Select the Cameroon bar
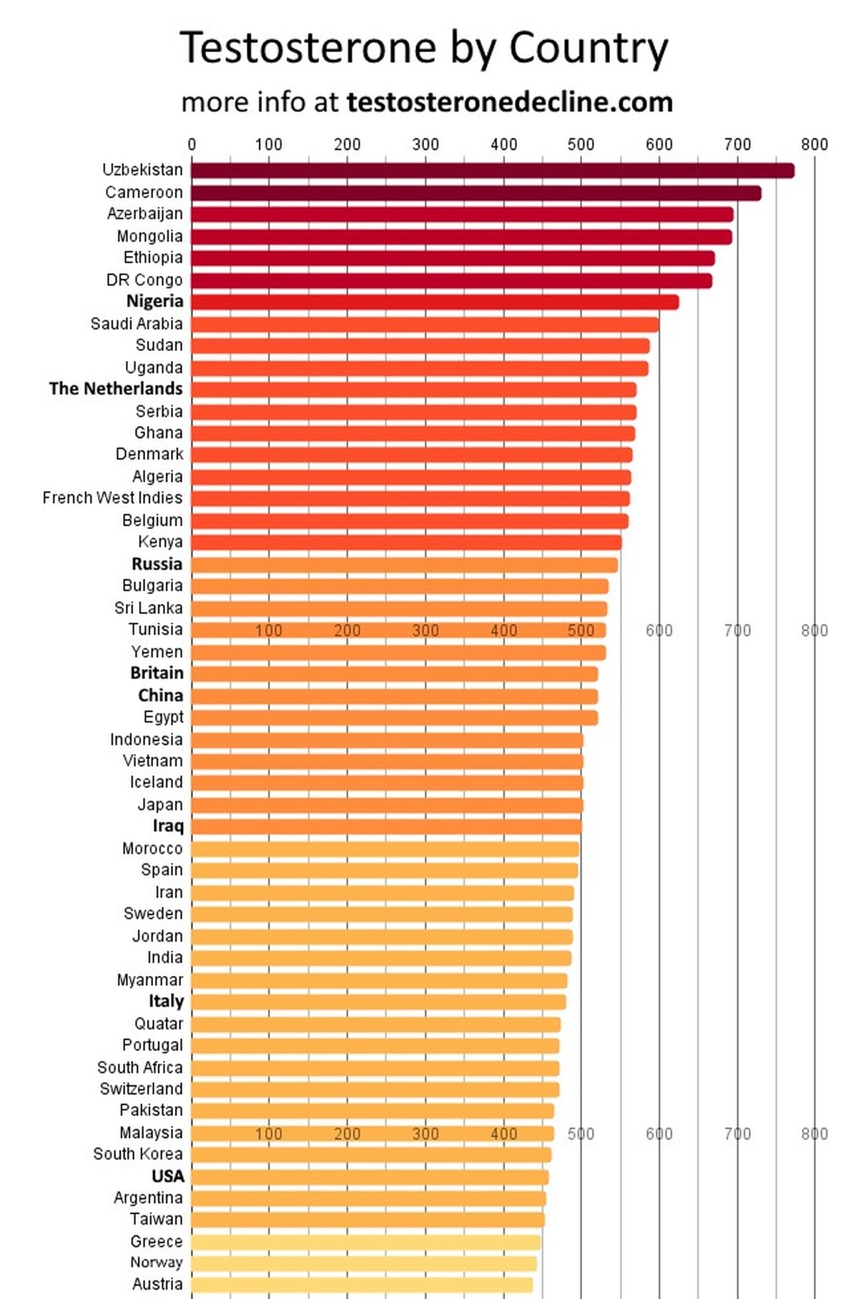tap(475, 192)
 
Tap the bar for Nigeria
tap(434, 302)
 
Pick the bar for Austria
tap(361, 1284)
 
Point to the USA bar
tap(369, 1177)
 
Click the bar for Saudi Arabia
tap(424, 324)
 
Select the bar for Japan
tap(387, 805)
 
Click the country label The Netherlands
tap(116, 389)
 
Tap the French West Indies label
tap(112, 498)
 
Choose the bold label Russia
tap(157, 564)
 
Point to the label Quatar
tap(158, 1024)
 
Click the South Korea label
tap(137, 1154)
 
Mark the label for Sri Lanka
tap(148, 608)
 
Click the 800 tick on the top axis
tap(814, 144)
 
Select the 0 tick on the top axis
tap(192, 144)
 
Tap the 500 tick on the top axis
tap(581, 144)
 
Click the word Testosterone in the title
tap(308, 49)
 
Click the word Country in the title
tap(588, 49)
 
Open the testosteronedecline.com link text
tap(509, 102)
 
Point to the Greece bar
tap(365, 1241)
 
